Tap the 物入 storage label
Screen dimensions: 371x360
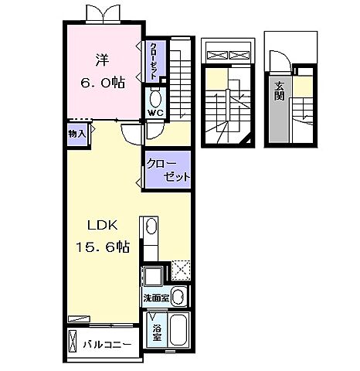tap(76, 132)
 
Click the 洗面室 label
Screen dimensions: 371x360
tap(155, 297)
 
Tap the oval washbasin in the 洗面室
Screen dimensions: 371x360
tap(178, 296)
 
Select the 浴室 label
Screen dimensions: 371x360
tap(157, 332)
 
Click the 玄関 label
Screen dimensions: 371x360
tap(277, 93)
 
